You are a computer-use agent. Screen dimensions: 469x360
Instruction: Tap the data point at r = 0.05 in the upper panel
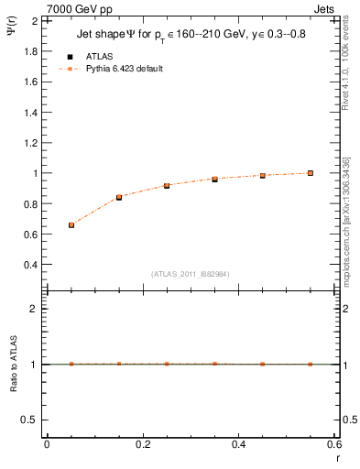pos(71,224)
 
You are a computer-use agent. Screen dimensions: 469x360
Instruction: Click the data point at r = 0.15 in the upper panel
pos(119,197)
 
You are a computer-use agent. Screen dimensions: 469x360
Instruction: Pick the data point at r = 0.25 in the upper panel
pos(167,186)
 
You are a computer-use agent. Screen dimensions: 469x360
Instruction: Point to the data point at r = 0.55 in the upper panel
pos(311,173)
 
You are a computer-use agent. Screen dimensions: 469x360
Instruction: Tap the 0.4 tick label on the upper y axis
pos(31,265)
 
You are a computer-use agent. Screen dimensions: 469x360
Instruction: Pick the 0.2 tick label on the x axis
pos(142,444)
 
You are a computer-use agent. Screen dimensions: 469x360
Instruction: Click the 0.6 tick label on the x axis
pos(333,444)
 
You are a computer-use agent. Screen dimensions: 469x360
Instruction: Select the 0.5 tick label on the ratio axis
pos(31,420)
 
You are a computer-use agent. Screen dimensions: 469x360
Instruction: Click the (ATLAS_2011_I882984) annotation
pos(191,274)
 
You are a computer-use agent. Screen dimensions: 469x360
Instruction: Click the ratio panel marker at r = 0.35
pos(214,364)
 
